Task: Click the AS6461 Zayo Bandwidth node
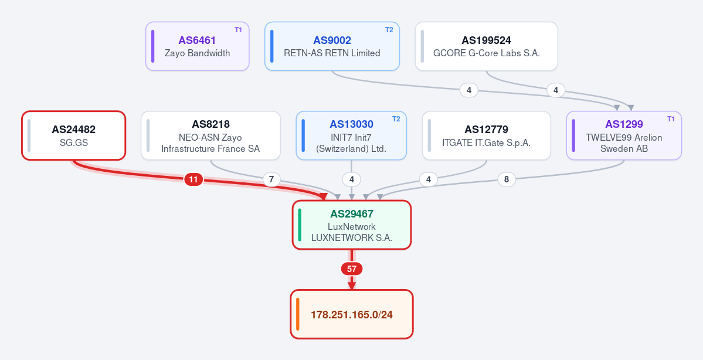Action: coord(197,46)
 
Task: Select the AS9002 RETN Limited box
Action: coord(332,46)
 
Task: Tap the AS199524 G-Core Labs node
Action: coord(487,46)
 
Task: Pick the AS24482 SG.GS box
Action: coord(73,135)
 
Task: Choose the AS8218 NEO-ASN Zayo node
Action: coord(210,135)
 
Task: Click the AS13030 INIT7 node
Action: coord(352,135)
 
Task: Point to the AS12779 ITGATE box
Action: coord(487,135)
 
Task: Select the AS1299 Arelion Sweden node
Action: coord(624,135)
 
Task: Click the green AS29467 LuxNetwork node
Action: coord(352,225)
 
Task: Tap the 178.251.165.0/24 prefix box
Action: coord(352,314)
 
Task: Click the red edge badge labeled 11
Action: coord(193,180)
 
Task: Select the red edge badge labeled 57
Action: coord(352,269)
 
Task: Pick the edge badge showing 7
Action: coord(271,180)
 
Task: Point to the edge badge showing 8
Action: coord(507,179)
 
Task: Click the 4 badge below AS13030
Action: coord(352,180)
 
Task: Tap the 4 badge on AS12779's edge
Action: coord(429,180)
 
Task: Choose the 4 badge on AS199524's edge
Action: coord(556,90)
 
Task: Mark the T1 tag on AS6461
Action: coord(238,30)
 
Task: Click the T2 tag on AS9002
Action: coord(389,30)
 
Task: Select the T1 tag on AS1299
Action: coord(671,119)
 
